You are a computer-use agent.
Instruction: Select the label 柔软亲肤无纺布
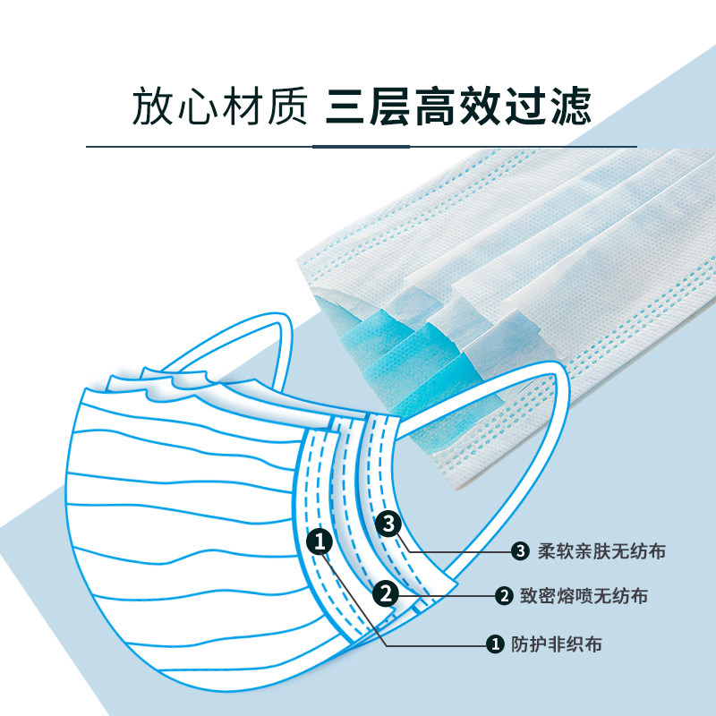pos(602,550)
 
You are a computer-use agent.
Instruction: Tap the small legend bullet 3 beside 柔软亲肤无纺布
pos(521,550)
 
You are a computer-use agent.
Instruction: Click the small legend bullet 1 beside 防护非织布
pos(493,643)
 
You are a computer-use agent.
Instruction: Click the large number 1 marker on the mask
pos(321,541)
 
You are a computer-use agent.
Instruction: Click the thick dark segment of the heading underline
pos(362,146)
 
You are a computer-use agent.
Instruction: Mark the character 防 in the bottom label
pos(521,643)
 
